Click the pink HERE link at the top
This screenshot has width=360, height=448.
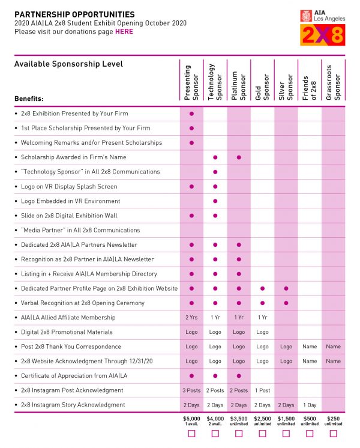click(x=124, y=31)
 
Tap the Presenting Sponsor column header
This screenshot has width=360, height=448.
click(x=191, y=82)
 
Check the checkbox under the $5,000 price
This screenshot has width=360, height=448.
click(x=191, y=433)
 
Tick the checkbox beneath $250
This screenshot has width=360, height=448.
click(x=333, y=433)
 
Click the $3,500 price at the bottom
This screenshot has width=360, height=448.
click(x=239, y=418)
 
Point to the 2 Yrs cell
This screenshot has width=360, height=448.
click(x=191, y=317)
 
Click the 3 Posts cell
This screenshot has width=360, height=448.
click(x=191, y=390)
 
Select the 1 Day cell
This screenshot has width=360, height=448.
click(x=310, y=405)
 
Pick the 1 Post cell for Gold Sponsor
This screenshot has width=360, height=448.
click(x=262, y=390)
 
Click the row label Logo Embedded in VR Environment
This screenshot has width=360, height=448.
click(x=70, y=201)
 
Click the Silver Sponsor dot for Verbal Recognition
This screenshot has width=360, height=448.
click(x=286, y=303)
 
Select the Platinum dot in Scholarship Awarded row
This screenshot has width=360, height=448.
click(x=239, y=157)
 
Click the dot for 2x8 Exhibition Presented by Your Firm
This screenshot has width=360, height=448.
click(x=191, y=114)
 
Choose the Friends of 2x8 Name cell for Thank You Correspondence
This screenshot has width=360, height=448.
click(x=310, y=347)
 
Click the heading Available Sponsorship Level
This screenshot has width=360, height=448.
click(x=68, y=64)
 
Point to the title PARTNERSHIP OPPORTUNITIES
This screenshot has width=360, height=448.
click(x=74, y=14)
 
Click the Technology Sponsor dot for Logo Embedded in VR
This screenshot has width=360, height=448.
click(x=215, y=201)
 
